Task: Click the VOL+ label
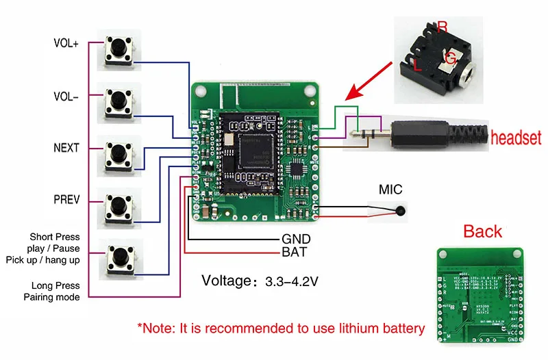(66, 43)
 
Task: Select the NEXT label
(66, 148)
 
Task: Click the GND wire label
(297, 239)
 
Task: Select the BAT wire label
(295, 253)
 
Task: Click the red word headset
(515, 138)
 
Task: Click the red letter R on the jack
(443, 27)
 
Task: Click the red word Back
(483, 231)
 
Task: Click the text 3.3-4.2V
(289, 281)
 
